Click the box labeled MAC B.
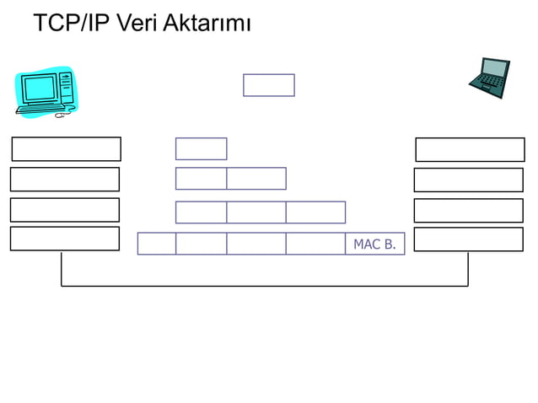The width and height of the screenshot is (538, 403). [374, 244]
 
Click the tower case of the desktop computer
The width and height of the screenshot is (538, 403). [66, 87]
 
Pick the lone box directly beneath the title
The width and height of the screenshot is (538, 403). [268, 85]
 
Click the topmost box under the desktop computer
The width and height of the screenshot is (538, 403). [66, 148]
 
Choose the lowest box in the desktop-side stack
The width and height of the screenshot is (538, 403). [65, 239]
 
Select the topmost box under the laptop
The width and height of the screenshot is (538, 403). [470, 149]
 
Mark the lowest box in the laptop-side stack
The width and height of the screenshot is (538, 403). [468, 239]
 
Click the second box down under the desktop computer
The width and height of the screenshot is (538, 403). [65, 179]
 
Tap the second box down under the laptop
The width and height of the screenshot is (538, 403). [468, 180]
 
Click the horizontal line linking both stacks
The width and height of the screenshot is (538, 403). [265, 286]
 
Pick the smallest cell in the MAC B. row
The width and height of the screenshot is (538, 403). [156, 244]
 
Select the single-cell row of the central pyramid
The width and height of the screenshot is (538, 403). [201, 148]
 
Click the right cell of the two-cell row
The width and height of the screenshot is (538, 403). [256, 179]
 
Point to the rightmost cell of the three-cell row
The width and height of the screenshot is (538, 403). [315, 212]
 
